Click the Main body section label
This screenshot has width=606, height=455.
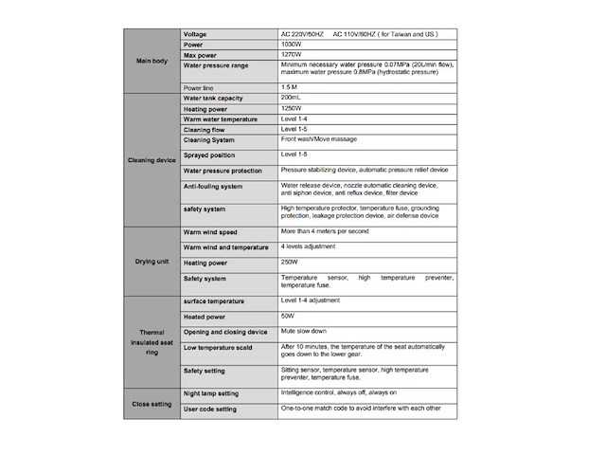click(x=151, y=61)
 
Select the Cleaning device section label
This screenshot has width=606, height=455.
click(x=151, y=160)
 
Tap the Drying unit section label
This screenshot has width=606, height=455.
click(x=151, y=261)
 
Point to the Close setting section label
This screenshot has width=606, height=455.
click(x=151, y=402)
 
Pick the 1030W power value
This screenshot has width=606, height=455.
click(x=293, y=45)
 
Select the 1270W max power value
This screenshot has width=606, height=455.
click(x=293, y=55)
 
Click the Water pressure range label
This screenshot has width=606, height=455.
click(x=216, y=65)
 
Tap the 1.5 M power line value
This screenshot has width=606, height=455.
click(x=291, y=87)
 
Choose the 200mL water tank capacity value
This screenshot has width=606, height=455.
click(x=291, y=98)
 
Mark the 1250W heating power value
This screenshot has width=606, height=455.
click(x=293, y=109)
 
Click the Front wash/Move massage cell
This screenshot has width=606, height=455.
click(x=319, y=139)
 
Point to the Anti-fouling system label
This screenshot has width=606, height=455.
click(x=213, y=186)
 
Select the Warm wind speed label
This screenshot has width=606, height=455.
click(x=210, y=232)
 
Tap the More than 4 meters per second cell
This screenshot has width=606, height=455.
click(x=325, y=231)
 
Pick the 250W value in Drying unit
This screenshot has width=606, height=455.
click(x=291, y=263)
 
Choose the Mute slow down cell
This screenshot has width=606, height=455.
click(x=303, y=332)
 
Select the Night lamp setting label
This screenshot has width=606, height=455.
click(x=211, y=392)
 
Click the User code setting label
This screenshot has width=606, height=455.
click(x=210, y=409)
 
